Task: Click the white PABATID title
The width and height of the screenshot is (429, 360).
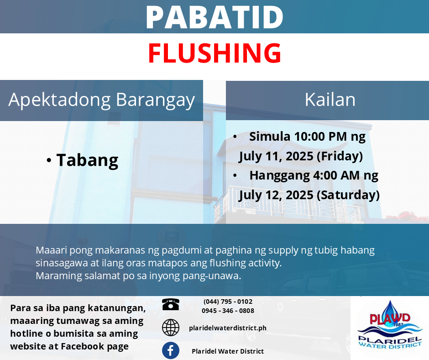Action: click(214, 17)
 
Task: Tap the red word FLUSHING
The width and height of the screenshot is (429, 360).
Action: click(215, 53)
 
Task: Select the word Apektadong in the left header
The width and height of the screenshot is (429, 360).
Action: click(60, 100)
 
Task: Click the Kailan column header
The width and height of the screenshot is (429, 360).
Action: click(330, 100)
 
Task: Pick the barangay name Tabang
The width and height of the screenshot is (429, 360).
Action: click(87, 160)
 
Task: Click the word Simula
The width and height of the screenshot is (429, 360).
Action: click(269, 137)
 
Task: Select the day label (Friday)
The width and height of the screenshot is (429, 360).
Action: click(340, 156)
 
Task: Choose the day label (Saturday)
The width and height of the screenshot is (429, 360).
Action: click(348, 196)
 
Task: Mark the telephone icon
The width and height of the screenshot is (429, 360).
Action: click(170, 304)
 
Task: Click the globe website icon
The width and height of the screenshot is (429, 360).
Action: click(170, 328)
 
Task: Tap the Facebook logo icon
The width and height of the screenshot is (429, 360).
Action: click(170, 350)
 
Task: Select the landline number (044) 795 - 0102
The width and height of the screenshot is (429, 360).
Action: click(228, 302)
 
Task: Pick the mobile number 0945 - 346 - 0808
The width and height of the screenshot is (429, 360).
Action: click(228, 311)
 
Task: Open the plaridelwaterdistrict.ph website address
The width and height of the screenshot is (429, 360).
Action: click(228, 328)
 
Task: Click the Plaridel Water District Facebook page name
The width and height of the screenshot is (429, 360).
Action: click(228, 351)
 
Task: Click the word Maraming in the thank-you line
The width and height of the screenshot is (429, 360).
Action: click(59, 276)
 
